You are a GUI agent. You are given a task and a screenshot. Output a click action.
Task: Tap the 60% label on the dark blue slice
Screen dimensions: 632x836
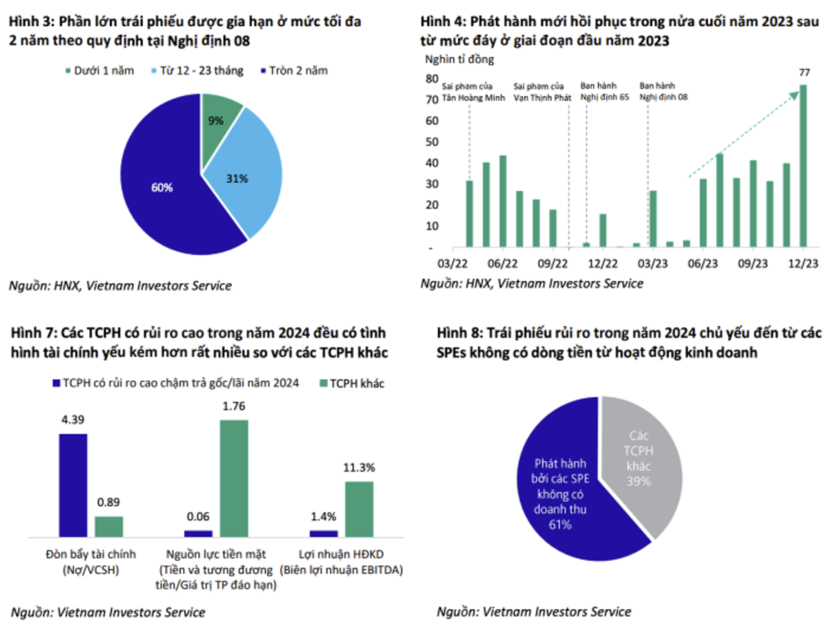[x=161, y=188]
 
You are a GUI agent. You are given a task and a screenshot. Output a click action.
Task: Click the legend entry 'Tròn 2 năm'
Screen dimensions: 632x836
[x=295, y=70]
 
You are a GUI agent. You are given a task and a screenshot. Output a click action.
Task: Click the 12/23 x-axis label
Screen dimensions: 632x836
[x=803, y=264]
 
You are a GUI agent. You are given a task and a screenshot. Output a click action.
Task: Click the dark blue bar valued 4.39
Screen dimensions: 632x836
[x=73, y=485]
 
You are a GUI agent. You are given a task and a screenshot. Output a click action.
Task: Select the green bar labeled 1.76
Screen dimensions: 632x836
[x=234, y=478]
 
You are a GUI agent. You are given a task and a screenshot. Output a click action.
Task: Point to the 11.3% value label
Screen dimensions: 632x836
[x=359, y=468]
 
